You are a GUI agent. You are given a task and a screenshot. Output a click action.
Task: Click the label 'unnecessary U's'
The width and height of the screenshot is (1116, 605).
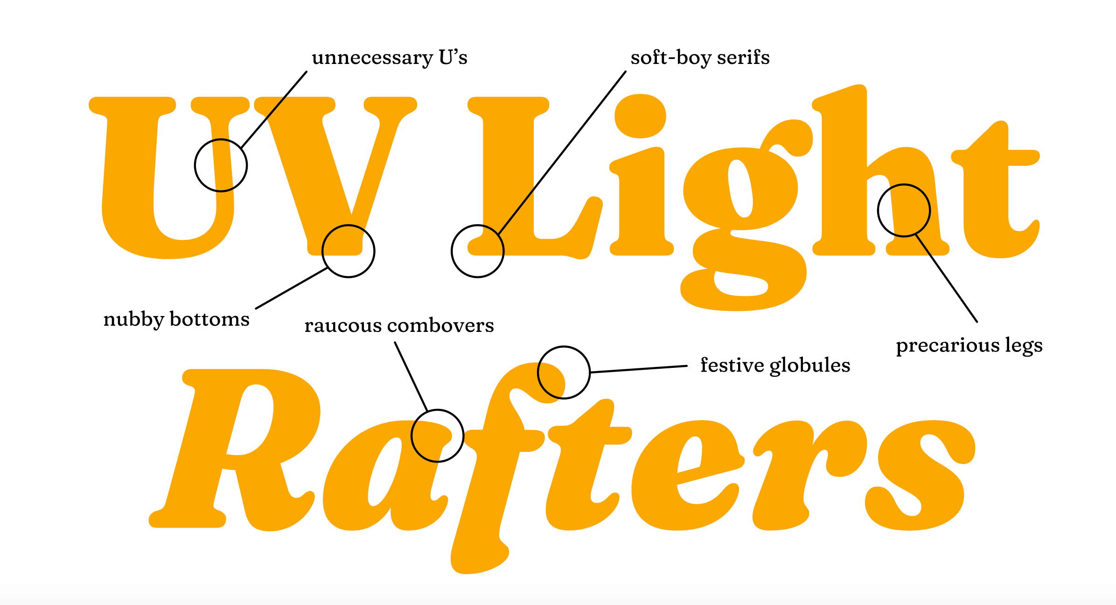pyautogui.click(x=390, y=58)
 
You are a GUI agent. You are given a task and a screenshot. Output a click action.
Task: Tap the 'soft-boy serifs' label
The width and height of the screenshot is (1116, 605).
pyautogui.click(x=700, y=58)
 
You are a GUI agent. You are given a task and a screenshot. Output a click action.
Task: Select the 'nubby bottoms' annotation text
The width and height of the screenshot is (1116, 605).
pyautogui.click(x=176, y=320)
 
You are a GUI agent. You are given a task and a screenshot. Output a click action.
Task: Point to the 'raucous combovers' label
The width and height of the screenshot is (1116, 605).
pyautogui.click(x=399, y=325)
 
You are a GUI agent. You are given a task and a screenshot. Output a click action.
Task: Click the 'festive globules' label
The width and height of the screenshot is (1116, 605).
pyautogui.click(x=775, y=366)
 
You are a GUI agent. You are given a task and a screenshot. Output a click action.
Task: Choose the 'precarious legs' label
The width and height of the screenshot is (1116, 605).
pyautogui.click(x=969, y=346)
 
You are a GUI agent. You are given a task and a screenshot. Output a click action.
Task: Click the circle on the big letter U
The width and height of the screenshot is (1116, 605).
pyautogui.click(x=221, y=165)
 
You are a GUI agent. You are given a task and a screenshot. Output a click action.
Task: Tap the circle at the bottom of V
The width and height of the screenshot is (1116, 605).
pyautogui.click(x=348, y=251)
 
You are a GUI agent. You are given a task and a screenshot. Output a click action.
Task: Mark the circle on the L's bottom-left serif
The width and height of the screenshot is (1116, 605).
pyautogui.click(x=477, y=251)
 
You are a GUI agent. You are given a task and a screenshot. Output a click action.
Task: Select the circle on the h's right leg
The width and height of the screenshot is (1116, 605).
pyautogui.click(x=904, y=211)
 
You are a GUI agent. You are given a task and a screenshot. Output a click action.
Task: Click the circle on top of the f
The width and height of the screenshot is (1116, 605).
pyautogui.click(x=564, y=373)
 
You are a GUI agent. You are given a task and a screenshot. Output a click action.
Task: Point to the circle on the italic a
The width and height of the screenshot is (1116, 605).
pyautogui.click(x=437, y=436)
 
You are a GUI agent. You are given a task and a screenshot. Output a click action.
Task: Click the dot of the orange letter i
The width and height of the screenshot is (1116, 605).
pyautogui.click(x=640, y=116)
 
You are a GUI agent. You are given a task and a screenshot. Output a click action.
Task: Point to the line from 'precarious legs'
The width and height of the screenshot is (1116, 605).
pyautogui.click(x=947, y=279)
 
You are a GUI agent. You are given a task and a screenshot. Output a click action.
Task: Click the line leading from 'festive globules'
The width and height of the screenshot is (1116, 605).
pyautogui.click(x=639, y=369)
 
